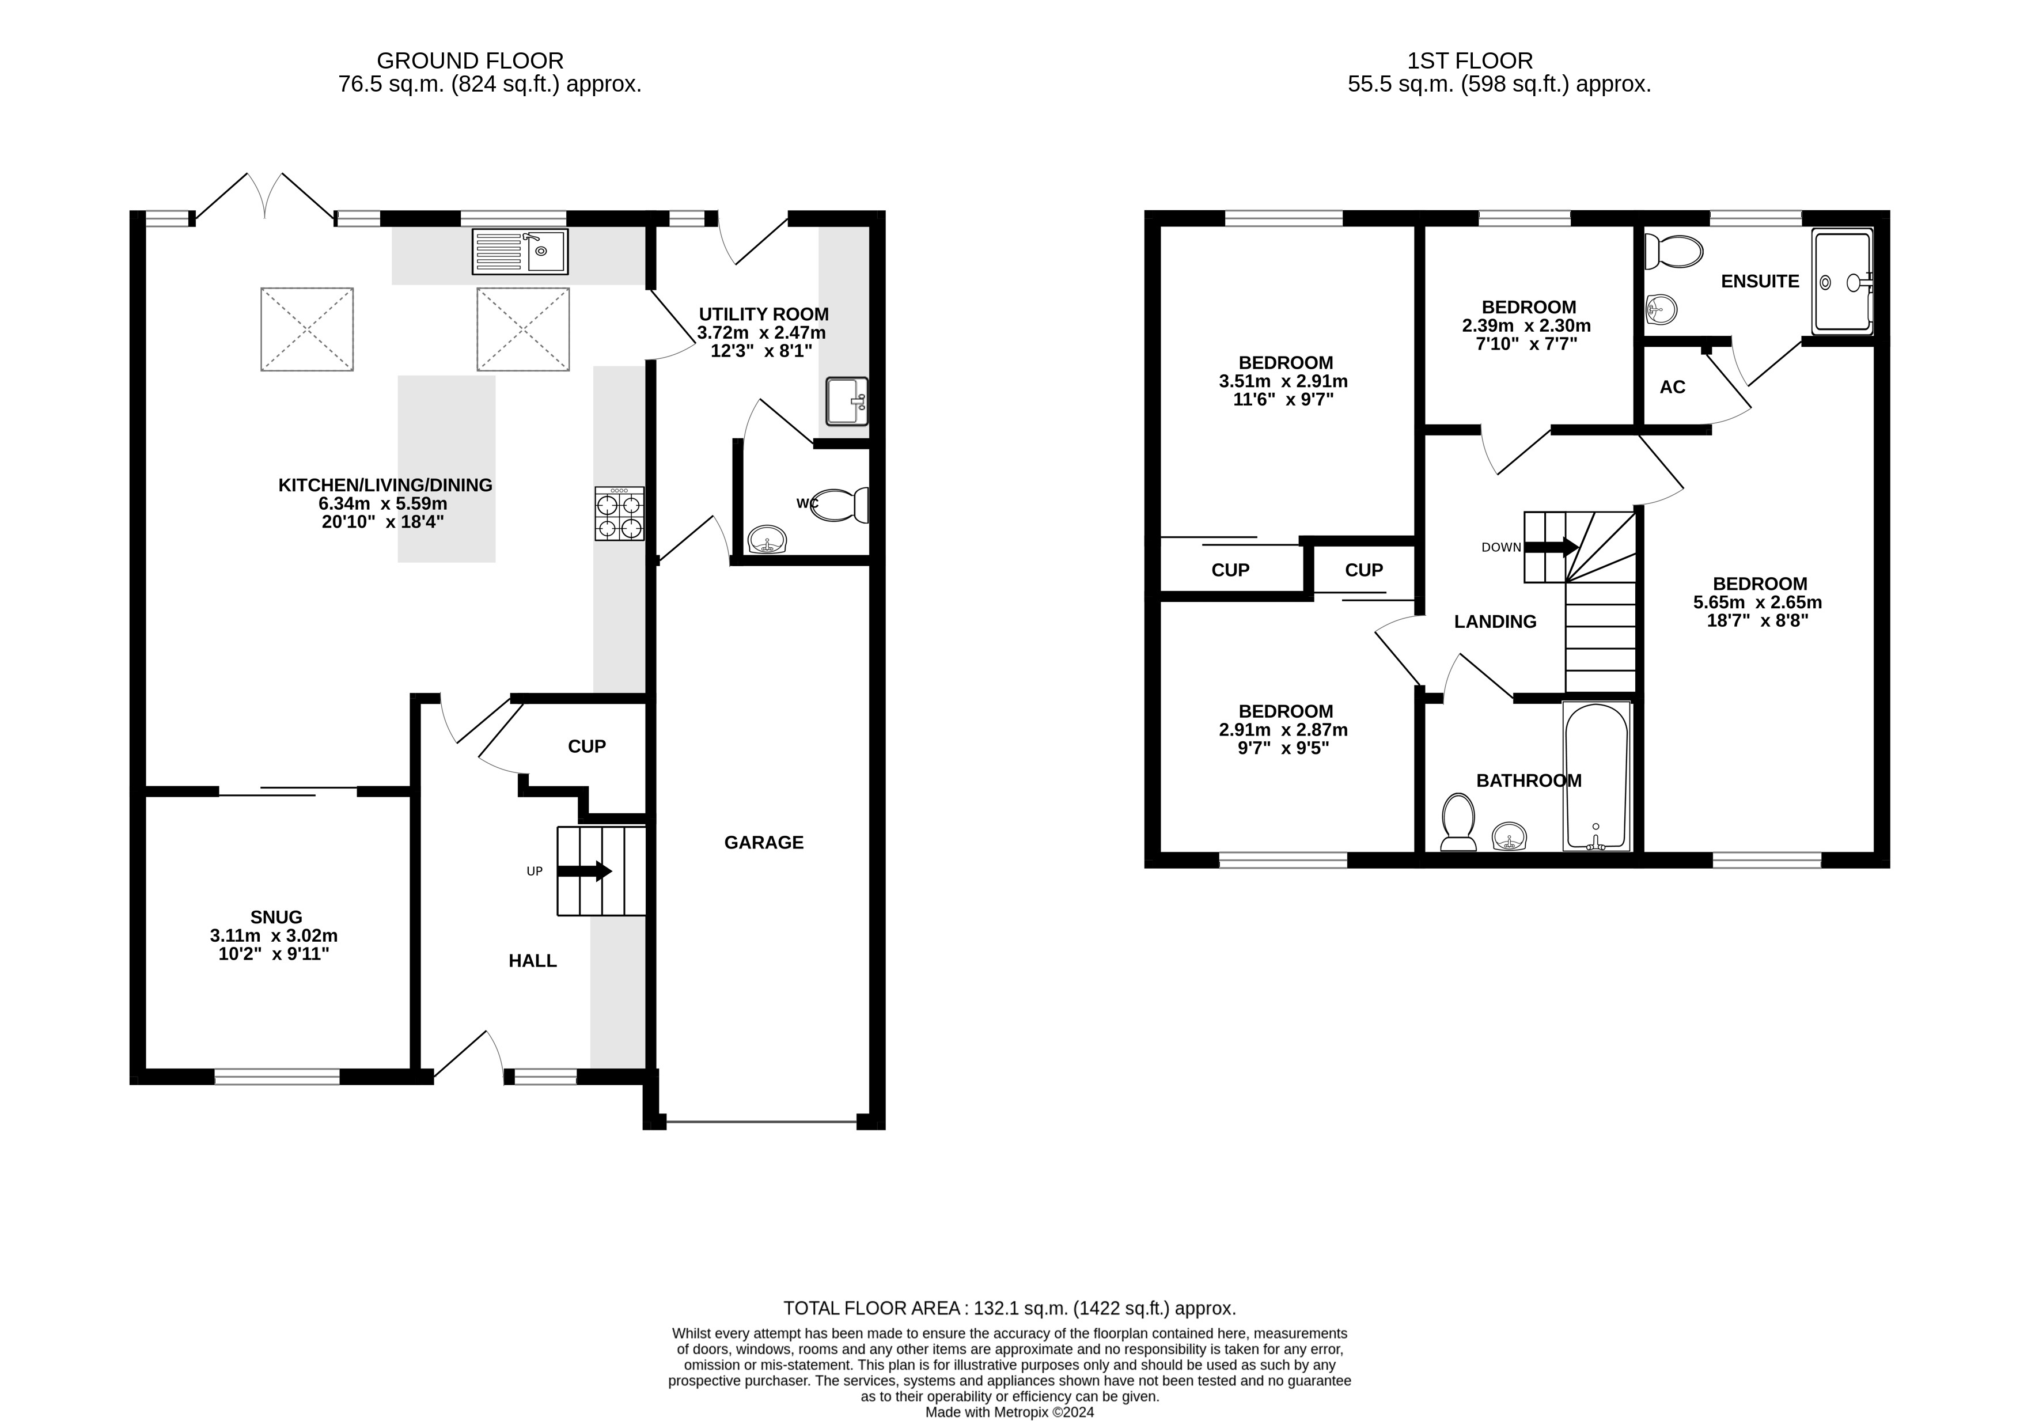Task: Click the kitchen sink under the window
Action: click(520, 252)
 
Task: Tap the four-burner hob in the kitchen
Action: click(619, 514)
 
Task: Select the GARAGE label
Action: click(764, 842)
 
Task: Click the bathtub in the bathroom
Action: click(1597, 777)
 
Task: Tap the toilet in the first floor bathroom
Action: click(1458, 823)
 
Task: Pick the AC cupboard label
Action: click(1673, 387)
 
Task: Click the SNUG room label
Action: click(276, 917)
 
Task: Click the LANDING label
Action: click(1496, 622)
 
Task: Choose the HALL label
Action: click(532, 961)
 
